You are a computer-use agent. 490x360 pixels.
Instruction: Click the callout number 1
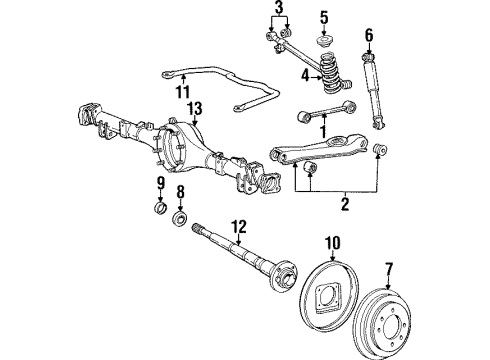pos(324,130)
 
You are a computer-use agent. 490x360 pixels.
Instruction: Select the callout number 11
pos(181,92)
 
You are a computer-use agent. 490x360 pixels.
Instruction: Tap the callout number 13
pos(194,108)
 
